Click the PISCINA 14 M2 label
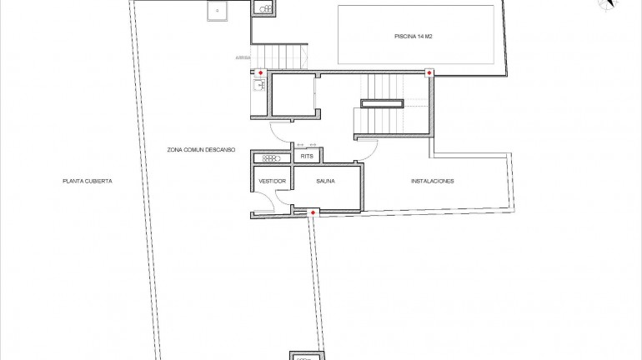tap(414, 37)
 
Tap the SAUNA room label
tap(325, 181)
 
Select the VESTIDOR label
tap(273, 181)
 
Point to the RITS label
tap(308, 157)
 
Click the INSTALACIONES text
tap(432, 181)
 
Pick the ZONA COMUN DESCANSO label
tap(201, 149)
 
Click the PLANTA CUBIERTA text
tap(87, 181)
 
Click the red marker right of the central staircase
tap(429, 74)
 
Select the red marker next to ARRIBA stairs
tap(260, 74)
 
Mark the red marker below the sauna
tap(313, 213)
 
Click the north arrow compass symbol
tap(607, 5)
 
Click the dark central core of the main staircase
tap(382, 103)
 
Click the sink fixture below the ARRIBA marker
tap(258, 86)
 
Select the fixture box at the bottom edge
tap(306, 356)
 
